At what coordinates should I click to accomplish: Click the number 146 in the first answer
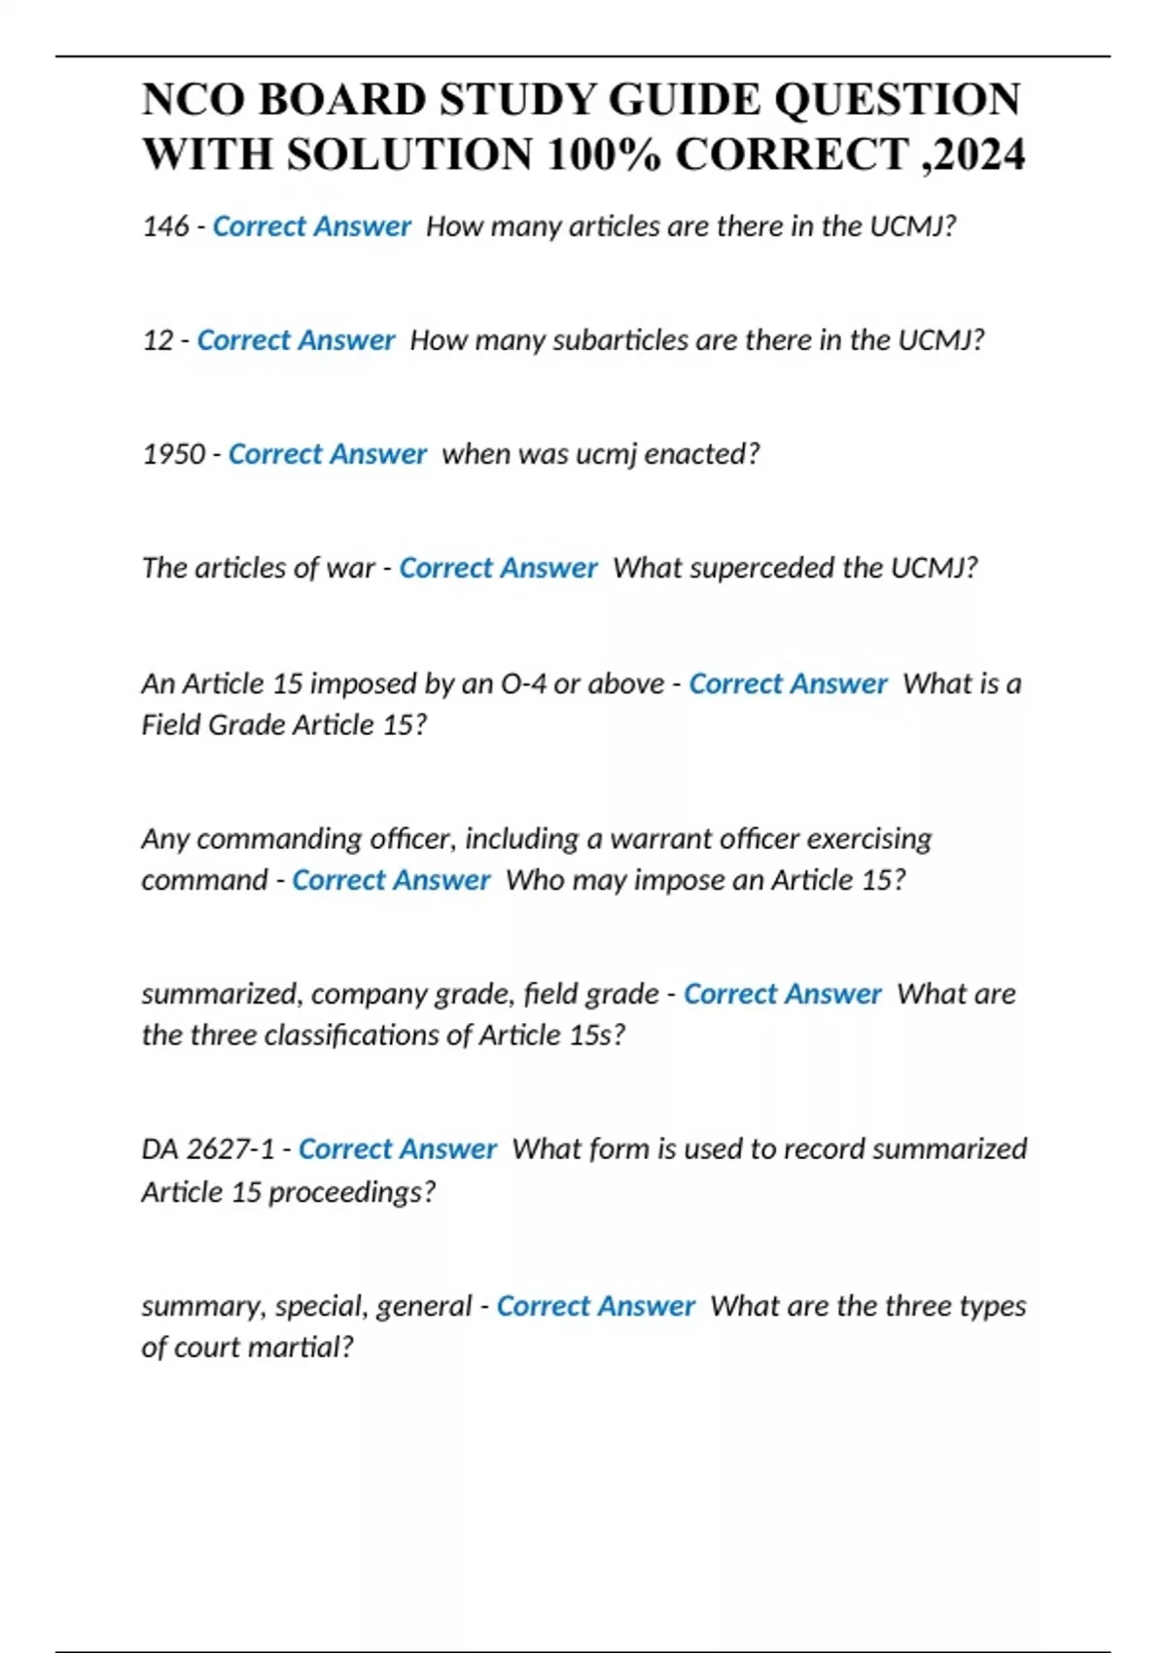click(x=165, y=227)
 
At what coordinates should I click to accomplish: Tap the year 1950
click(x=174, y=454)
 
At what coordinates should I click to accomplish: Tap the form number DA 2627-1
click(x=208, y=1149)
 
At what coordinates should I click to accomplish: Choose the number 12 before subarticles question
click(x=158, y=340)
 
